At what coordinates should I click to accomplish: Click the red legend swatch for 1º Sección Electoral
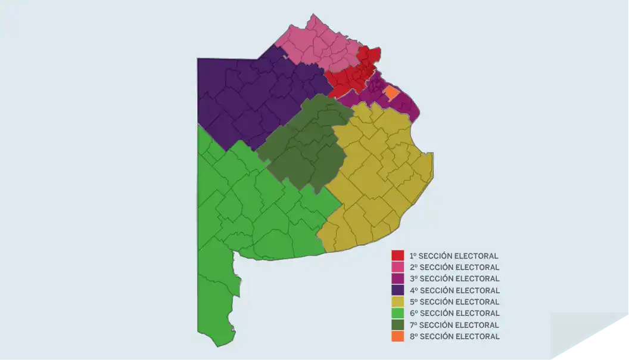397,256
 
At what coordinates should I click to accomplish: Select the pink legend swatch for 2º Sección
397,267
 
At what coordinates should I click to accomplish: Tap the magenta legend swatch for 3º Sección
397,278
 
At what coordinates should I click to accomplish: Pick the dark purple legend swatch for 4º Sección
397,290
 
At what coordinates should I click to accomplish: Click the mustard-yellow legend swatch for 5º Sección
397,302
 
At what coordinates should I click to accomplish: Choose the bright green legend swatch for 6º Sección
397,313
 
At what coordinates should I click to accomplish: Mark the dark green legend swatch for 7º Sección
397,325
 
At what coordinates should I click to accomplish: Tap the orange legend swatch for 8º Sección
397,336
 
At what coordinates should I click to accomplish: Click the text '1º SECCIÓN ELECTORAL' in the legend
454,256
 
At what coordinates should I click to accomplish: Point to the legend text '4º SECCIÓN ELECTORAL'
454,290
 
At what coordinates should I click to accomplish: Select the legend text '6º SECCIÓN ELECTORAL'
454,313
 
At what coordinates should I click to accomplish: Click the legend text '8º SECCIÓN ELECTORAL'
454,336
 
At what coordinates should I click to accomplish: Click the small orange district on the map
391,93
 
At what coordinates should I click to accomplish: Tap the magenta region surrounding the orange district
408,105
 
